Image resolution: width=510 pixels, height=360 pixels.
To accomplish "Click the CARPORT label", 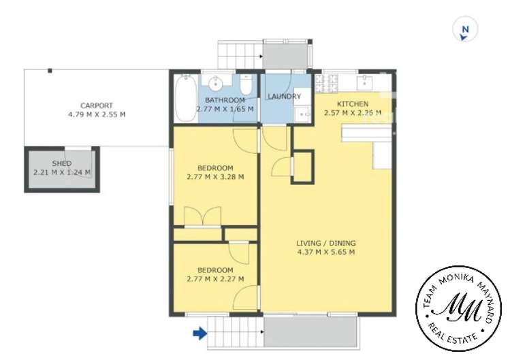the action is (97, 105).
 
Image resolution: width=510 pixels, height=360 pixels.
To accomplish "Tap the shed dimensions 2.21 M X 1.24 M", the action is (62, 172).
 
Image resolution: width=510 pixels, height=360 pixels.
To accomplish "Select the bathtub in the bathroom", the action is (186, 99).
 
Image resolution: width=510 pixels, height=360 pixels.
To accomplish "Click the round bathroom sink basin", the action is (215, 84).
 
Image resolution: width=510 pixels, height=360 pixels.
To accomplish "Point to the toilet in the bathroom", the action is (246, 84).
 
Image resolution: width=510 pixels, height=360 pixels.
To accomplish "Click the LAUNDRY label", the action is (284, 97).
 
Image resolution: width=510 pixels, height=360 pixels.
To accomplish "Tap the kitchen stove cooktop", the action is (326, 82).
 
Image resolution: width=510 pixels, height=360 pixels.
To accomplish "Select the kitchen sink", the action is (364, 82).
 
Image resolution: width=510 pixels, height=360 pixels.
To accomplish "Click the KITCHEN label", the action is (353, 104).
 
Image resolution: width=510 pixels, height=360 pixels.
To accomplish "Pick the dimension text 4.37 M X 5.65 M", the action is (326, 252).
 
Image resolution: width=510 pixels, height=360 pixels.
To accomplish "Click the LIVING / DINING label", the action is (326, 243).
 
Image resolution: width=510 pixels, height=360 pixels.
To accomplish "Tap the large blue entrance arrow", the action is (200, 333).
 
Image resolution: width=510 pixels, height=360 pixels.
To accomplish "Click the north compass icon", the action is (466, 29).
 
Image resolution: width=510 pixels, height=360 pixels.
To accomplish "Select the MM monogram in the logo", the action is (459, 308).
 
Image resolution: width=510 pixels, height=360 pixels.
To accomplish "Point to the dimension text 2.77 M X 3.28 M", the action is (215, 177).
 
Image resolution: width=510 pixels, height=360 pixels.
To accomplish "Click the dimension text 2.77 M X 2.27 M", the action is (215, 279).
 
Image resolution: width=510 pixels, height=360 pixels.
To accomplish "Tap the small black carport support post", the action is (50, 71).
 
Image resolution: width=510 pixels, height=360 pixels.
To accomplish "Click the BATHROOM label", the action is (225, 100).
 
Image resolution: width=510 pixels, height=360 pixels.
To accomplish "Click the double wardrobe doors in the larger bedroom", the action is (203, 215).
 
